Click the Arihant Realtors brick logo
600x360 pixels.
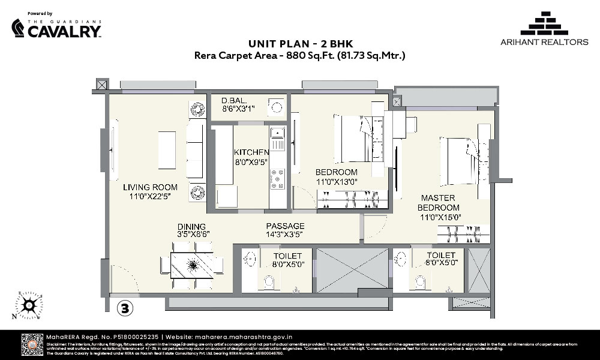pyautogui.click(x=544, y=23)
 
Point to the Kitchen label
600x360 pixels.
pyautogui.click(x=251, y=152)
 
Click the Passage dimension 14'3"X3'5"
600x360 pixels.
pyautogui.click(x=286, y=235)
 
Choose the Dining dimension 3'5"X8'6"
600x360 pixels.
pyautogui.click(x=193, y=235)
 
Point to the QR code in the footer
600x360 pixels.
pyautogui.click(x=32, y=344)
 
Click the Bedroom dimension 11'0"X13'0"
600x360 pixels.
pyautogui.click(x=337, y=181)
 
